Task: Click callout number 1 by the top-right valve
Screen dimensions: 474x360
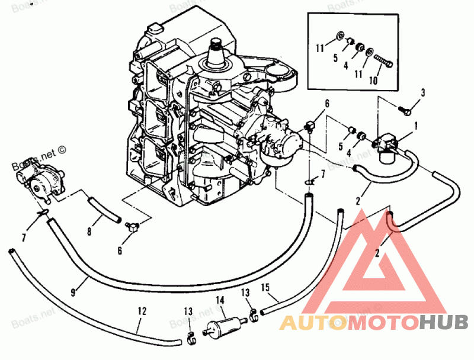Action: (416, 125)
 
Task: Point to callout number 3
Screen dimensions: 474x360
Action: (423, 92)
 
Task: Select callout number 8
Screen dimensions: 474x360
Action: (90, 232)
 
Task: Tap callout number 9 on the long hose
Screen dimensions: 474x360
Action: (73, 291)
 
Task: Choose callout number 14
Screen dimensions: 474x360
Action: (220, 300)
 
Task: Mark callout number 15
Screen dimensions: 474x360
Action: (266, 287)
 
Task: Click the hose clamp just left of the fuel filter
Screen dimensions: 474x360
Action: (190, 339)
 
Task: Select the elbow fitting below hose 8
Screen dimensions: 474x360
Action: (131, 224)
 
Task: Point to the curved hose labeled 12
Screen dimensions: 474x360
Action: (89, 303)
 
